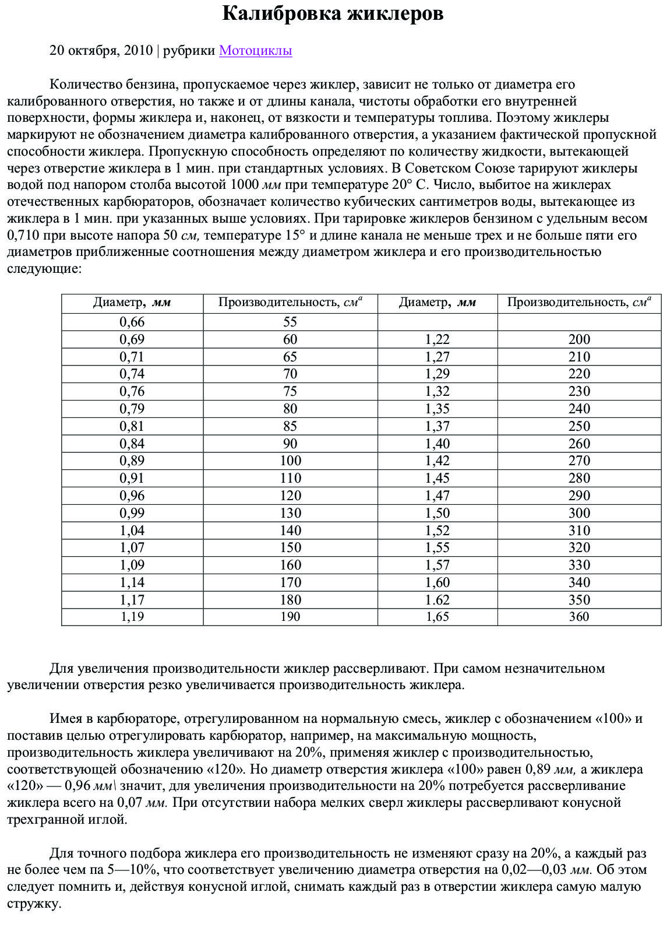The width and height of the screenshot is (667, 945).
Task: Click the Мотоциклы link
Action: click(x=255, y=51)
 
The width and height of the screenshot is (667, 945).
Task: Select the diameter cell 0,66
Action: click(x=132, y=322)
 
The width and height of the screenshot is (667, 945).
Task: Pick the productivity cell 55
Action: click(x=290, y=322)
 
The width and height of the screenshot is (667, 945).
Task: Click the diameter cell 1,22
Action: click(x=437, y=340)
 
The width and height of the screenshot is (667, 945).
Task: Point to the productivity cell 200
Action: click(x=579, y=340)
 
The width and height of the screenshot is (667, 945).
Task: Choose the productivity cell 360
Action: click(x=579, y=617)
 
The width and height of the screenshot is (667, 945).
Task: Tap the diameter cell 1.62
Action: click(x=437, y=600)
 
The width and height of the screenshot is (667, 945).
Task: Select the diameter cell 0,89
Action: click(x=132, y=461)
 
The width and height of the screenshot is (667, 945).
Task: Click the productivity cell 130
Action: click(x=290, y=513)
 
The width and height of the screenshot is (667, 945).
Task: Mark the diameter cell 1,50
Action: click(x=437, y=513)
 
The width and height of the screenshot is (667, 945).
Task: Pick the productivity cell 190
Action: click(x=290, y=617)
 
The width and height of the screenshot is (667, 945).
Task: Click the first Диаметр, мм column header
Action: click(x=132, y=303)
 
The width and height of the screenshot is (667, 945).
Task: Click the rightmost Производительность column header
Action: click(x=579, y=303)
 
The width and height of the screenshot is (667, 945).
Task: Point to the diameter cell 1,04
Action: click(x=132, y=531)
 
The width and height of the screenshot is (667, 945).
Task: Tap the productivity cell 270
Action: click(x=579, y=461)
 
